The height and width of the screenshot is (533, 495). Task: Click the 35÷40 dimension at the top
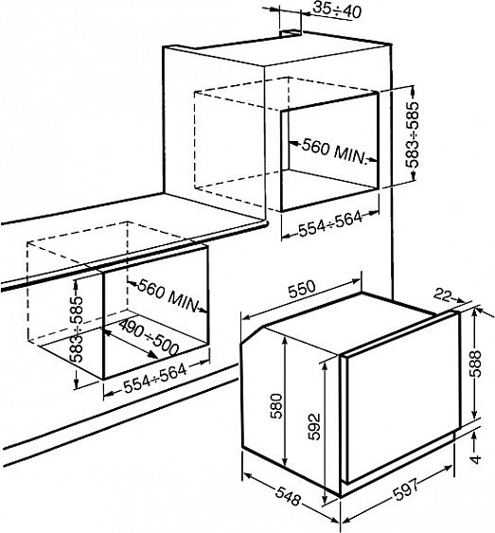point(336,9)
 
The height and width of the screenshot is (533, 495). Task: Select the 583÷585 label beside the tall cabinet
point(412,134)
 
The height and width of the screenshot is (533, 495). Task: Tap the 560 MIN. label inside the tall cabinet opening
point(333,151)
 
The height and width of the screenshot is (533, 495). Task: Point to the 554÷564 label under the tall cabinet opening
point(330,223)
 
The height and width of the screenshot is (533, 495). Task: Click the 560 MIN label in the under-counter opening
point(168,295)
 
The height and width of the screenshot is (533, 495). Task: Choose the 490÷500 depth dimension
point(149,338)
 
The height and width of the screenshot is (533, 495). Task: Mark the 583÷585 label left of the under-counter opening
point(76,329)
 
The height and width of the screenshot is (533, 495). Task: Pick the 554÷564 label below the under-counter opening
point(155,379)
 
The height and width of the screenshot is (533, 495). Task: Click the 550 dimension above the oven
point(301,289)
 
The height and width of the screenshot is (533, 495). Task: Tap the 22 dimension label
point(442,295)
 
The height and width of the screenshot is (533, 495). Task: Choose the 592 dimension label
point(314,427)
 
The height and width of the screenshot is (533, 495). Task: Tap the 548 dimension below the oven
point(288,496)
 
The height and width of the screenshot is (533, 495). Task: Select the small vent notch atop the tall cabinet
point(291,33)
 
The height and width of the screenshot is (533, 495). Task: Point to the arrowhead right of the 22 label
point(460,299)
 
